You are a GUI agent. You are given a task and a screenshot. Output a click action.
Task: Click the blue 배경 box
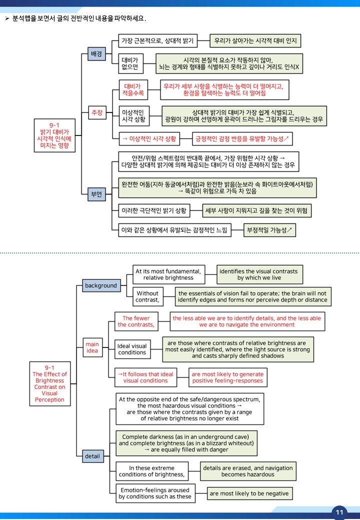[96, 53]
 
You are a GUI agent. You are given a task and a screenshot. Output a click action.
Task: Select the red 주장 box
[97, 113]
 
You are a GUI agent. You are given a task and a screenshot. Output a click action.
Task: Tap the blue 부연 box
[96, 194]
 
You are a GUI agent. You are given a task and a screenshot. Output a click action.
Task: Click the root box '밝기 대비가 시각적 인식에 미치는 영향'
[54, 135]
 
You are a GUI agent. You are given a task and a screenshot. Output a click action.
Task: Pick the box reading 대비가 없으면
[130, 63]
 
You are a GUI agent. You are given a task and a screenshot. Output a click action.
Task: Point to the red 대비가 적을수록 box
[133, 89]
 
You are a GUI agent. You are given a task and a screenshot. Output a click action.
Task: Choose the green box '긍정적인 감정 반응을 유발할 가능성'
[242, 139]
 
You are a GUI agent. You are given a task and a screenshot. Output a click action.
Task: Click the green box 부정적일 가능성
[269, 230]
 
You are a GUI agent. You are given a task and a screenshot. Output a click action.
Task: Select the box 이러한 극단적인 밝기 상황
[154, 210]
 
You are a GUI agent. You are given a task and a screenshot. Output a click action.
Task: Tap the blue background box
[101, 285]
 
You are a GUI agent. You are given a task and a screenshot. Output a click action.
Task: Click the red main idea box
[92, 347]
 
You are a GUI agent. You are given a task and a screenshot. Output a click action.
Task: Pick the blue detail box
[93, 456]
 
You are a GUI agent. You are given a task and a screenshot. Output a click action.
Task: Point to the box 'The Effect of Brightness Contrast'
[50, 383]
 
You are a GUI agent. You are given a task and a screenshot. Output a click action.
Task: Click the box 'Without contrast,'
[148, 296]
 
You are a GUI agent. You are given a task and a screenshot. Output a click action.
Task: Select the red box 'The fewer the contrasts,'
[136, 321]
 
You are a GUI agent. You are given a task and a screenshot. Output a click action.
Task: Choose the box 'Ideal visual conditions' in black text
[132, 349]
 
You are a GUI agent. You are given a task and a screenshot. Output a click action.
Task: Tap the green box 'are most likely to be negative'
[249, 493]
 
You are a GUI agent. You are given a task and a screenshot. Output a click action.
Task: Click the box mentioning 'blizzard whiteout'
[186, 443]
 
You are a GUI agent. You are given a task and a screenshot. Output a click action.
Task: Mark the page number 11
[339, 512]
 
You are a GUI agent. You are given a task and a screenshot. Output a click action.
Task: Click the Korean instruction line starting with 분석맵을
[79, 18]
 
